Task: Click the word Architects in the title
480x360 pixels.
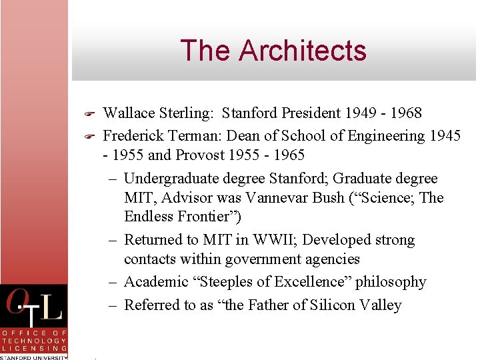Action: click(x=303, y=51)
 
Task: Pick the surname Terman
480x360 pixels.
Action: click(x=190, y=136)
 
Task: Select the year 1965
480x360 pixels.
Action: click(x=287, y=155)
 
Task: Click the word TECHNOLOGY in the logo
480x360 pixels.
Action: click(x=34, y=340)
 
